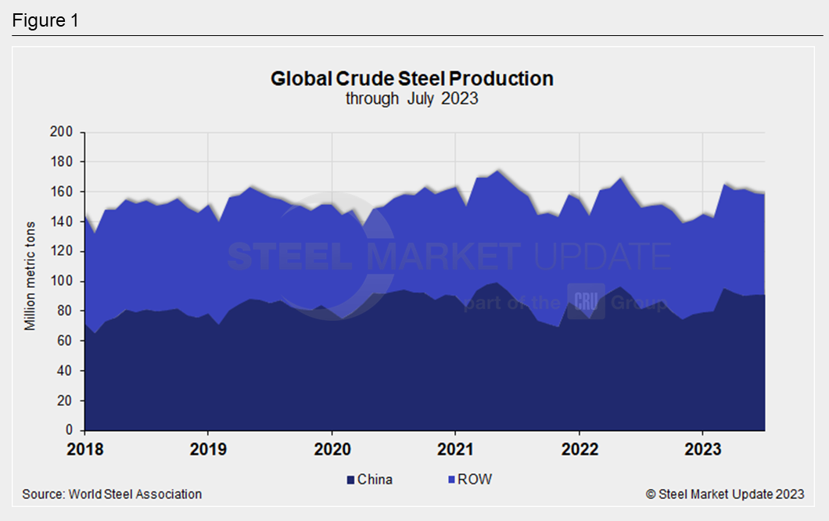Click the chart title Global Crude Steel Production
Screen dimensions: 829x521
(x=412, y=79)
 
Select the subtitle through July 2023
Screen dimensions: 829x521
(x=412, y=99)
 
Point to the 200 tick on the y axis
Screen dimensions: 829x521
(x=64, y=132)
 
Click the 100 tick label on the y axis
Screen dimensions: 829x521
(x=64, y=282)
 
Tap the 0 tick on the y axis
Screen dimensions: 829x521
(x=70, y=430)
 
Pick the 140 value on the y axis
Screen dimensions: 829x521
(x=64, y=222)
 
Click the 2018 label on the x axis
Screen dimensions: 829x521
(x=84, y=450)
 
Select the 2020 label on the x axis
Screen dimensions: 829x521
(x=332, y=450)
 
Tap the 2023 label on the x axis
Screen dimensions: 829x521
(x=702, y=450)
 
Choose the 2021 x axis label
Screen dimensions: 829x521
(x=455, y=450)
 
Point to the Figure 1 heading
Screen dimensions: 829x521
(x=45, y=20)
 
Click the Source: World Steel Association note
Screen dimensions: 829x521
(x=112, y=494)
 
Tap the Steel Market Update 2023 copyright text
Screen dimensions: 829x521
(x=724, y=494)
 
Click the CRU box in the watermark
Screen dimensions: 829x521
(x=586, y=301)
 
